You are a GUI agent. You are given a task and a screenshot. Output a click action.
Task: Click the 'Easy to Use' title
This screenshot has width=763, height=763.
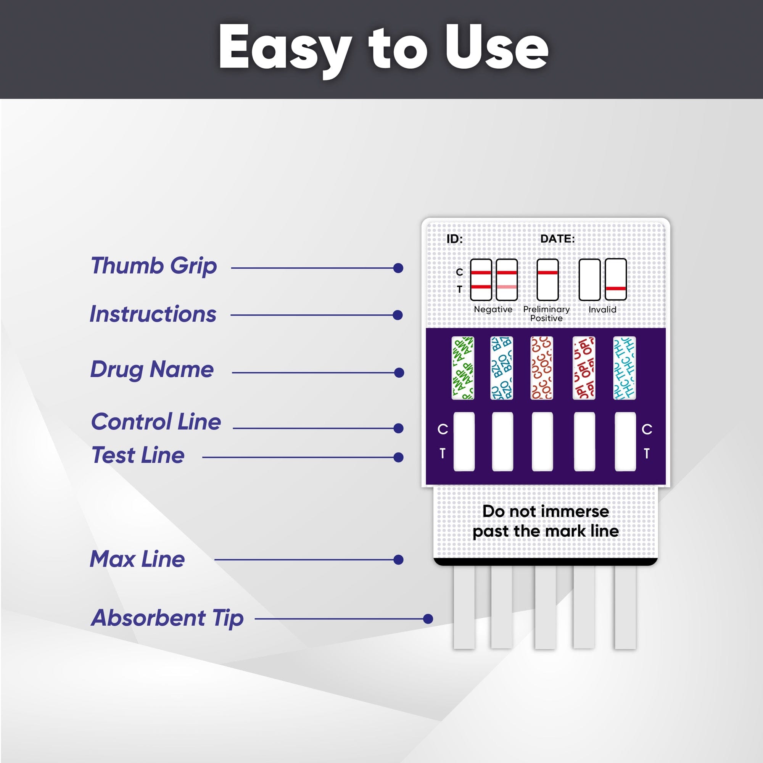383,49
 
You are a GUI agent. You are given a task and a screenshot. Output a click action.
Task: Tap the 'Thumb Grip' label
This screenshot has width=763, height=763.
154,266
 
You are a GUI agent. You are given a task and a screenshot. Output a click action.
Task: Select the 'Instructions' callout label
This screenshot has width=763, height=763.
153,314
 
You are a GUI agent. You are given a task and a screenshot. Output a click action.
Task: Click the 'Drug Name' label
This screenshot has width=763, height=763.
152,370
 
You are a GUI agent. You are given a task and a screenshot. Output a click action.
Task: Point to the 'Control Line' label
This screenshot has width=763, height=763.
156,422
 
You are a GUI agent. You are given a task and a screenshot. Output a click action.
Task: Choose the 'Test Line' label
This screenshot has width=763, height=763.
138,455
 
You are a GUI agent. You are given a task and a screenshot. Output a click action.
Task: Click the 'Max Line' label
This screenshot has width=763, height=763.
137,559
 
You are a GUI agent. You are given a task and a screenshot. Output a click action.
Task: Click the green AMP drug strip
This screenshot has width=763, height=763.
463,368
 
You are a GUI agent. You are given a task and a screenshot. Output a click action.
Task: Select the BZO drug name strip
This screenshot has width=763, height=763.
502,368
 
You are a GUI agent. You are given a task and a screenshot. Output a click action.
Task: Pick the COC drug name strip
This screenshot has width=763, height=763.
542,368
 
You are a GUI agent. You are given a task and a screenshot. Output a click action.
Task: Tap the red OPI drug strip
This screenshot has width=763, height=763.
584,368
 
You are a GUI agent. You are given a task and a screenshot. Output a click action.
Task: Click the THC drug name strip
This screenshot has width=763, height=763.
625,368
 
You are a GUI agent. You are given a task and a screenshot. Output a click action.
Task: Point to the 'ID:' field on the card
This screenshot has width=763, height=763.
454,239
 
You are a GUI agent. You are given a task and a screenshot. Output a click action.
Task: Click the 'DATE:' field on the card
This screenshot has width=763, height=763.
558,239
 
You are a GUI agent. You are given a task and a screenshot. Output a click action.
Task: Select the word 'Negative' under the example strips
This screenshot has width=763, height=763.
493,309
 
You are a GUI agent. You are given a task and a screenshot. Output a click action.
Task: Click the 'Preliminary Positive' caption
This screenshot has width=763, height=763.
547,314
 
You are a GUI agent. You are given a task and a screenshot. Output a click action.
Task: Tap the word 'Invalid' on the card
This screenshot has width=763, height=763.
602,309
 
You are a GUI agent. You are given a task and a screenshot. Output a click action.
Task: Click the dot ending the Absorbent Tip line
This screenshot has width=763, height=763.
428,619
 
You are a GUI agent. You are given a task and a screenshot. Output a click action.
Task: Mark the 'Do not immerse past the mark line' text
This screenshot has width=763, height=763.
546,521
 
